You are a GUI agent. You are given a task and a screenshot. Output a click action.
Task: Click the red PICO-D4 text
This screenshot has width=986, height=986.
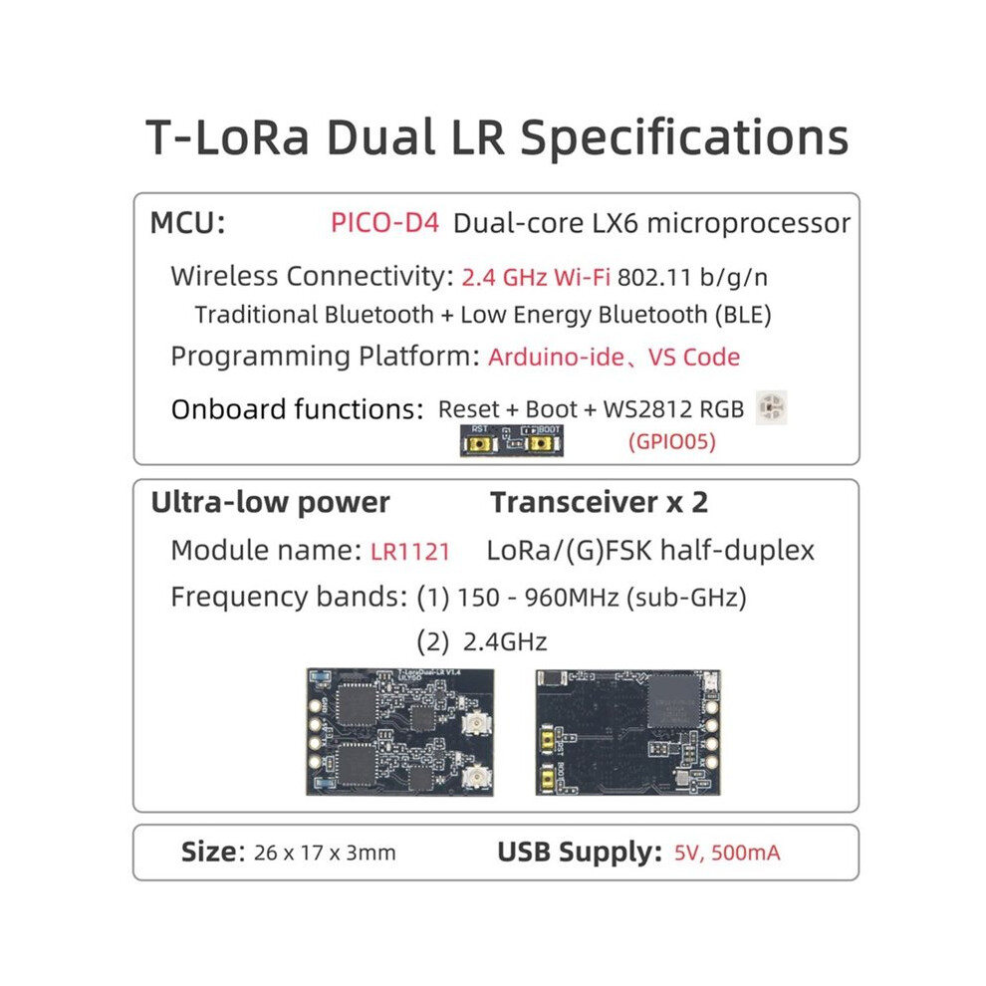coord(384,223)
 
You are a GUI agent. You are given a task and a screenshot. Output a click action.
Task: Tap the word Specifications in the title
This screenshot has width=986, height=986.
coord(685,138)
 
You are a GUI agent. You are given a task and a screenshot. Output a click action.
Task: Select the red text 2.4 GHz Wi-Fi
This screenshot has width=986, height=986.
coord(536,277)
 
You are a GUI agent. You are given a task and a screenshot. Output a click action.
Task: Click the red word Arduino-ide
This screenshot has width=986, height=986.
coord(556,357)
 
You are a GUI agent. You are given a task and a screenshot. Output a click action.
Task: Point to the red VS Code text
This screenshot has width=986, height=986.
coord(694,357)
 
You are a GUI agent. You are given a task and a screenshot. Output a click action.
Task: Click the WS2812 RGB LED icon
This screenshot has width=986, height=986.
coord(771,407)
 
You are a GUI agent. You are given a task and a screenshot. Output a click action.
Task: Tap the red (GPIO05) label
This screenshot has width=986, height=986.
coord(672,441)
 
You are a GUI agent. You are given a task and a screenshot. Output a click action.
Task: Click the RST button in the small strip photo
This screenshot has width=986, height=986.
coord(480,444)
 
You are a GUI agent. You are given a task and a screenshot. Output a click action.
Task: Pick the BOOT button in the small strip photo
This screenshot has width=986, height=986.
coord(541,444)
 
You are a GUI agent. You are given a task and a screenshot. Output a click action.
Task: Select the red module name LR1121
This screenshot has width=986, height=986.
coord(410,552)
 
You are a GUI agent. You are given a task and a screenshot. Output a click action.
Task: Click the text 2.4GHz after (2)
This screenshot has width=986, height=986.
coord(505,642)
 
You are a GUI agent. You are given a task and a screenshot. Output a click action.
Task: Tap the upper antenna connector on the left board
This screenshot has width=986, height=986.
coord(475,725)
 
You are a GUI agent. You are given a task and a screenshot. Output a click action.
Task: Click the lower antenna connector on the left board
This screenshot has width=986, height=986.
coord(475,779)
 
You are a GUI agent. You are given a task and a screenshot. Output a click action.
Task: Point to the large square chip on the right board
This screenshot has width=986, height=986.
coord(674,701)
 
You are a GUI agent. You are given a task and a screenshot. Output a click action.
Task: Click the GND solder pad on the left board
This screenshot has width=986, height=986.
coord(315,705)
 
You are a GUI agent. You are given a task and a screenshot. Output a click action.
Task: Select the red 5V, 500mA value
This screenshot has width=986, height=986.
coord(727,853)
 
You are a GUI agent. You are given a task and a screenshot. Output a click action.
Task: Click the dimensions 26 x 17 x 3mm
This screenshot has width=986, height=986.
coord(325,853)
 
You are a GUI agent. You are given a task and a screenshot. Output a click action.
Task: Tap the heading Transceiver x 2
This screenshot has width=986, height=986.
coord(599,502)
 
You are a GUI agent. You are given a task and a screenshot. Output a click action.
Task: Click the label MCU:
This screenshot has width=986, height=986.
coord(187,223)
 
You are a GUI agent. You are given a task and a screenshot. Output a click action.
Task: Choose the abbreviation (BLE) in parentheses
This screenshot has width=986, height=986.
coord(743,315)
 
